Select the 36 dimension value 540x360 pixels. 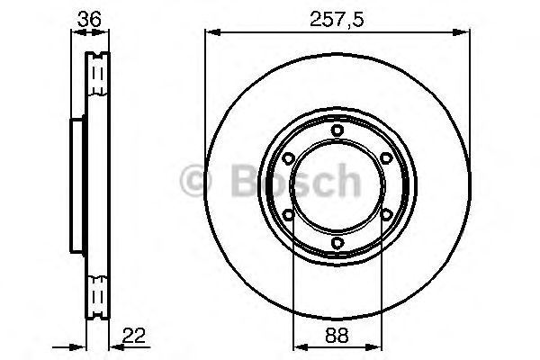coord(87,16)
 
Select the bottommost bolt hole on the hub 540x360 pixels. coord(337,243)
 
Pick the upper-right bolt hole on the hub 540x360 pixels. coord(386,158)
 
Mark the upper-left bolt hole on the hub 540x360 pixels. coord(287,158)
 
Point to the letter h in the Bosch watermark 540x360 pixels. coord(345,182)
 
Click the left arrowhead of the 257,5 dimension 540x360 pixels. coord(211,32)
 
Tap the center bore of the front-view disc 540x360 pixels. coord(337,186)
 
